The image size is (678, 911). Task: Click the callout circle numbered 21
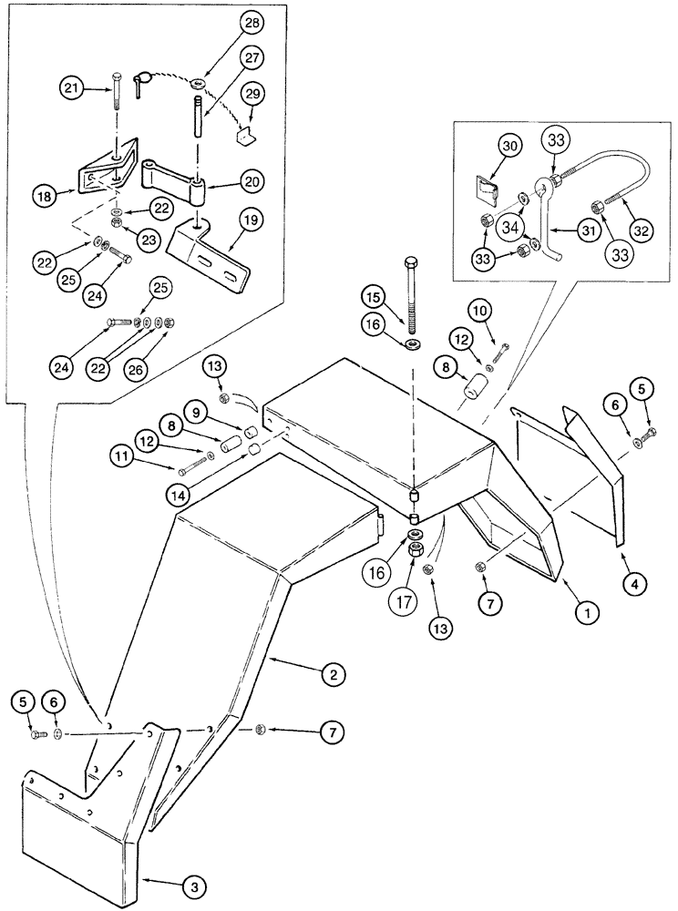(x=72, y=87)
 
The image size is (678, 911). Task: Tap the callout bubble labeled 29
(x=254, y=94)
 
